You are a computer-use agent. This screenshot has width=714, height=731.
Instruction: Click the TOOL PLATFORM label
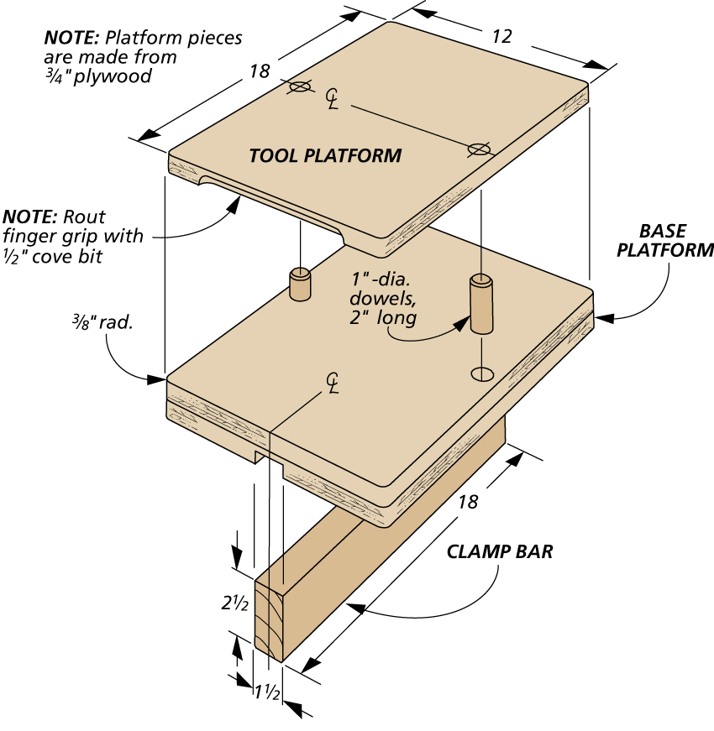click(x=325, y=155)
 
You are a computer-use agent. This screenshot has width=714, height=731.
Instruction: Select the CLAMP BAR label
click(x=500, y=552)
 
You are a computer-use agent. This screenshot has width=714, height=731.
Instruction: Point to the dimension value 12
click(x=501, y=36)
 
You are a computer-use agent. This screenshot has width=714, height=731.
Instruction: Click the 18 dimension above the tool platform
click(x=259, y=71)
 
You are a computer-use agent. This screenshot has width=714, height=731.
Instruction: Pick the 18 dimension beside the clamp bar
click(x=468, y=501)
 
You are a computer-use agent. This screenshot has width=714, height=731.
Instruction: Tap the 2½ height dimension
click(x=234, y=601)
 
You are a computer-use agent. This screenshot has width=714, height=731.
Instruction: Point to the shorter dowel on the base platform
click(x=300, y=284)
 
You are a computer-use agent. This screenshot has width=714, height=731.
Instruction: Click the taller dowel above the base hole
click(x=481, y=303)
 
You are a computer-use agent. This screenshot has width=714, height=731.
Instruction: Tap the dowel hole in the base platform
click(x=482, y=373)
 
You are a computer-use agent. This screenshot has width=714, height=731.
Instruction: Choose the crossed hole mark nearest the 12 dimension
click(x=479, y=149)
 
